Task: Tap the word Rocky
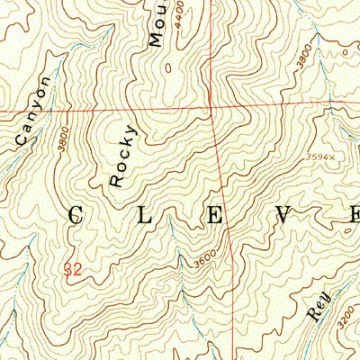[124, 156]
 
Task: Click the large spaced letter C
[76, 216]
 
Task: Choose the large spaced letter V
[285, 214]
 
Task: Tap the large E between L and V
[216, 215]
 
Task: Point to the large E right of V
[352, 214]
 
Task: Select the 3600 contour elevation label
[204, 261]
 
